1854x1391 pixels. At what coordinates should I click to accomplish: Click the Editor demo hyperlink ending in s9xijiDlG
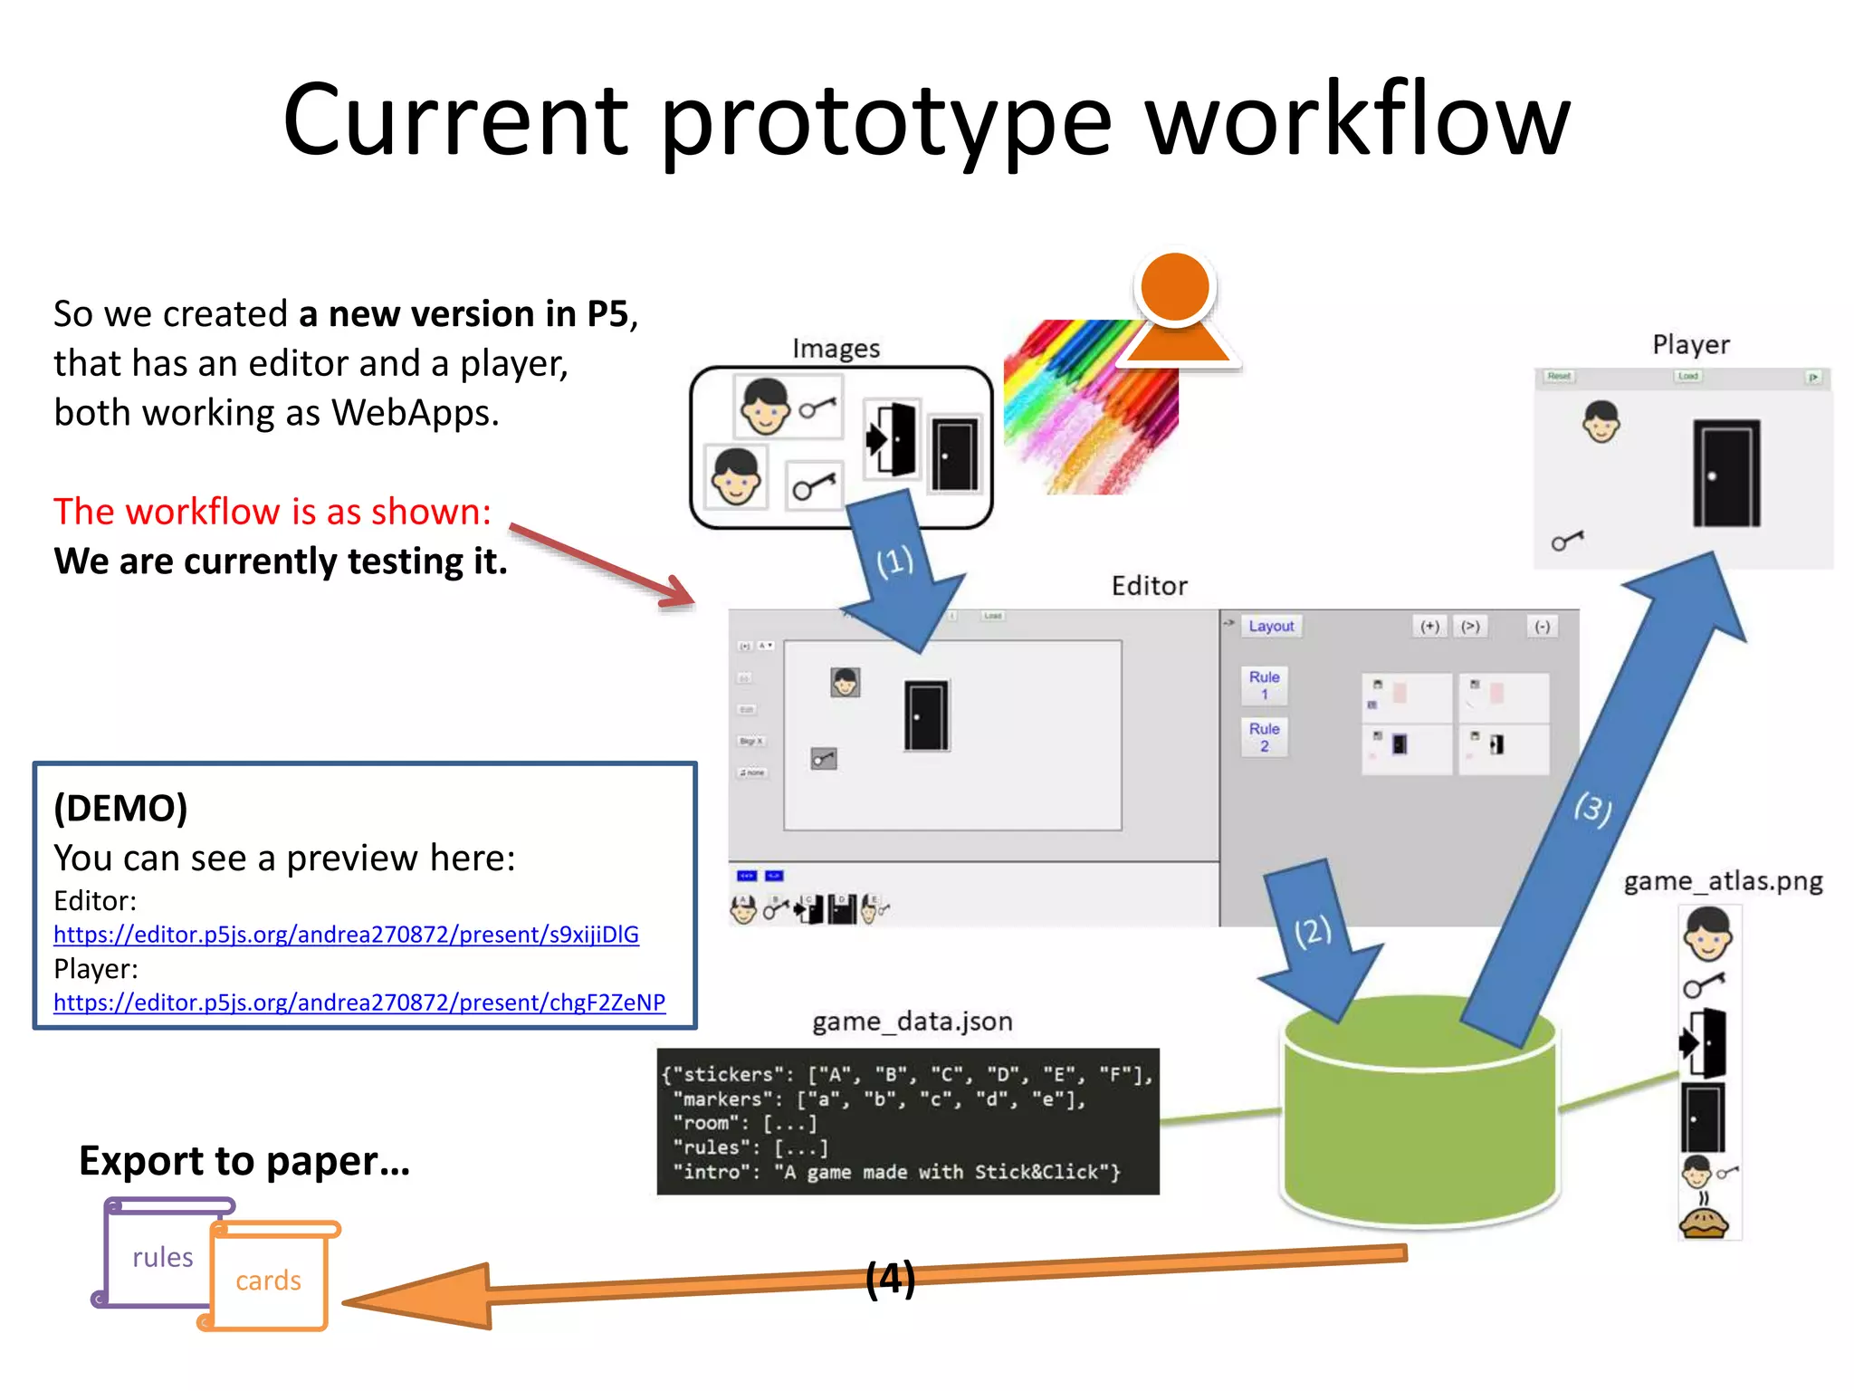point(346,934)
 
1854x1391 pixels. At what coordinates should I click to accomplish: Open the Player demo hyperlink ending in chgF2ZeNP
point(359,1002)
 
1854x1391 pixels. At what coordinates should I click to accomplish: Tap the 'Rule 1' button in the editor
point(1264,686)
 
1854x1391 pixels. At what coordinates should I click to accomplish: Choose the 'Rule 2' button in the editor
point(1264,737)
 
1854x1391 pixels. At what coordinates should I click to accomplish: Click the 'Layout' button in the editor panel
point(1271,626)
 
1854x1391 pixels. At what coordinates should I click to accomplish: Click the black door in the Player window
point(1726,473)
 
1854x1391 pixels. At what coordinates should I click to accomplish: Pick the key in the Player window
point(1567,542)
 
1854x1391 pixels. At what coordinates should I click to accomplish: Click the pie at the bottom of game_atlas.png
point(1704,1223)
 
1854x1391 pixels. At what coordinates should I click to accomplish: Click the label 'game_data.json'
point(912,1022)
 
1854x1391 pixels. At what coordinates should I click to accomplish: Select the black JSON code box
point(907,1122)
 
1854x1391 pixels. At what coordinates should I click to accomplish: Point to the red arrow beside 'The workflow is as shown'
point(601,565)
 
